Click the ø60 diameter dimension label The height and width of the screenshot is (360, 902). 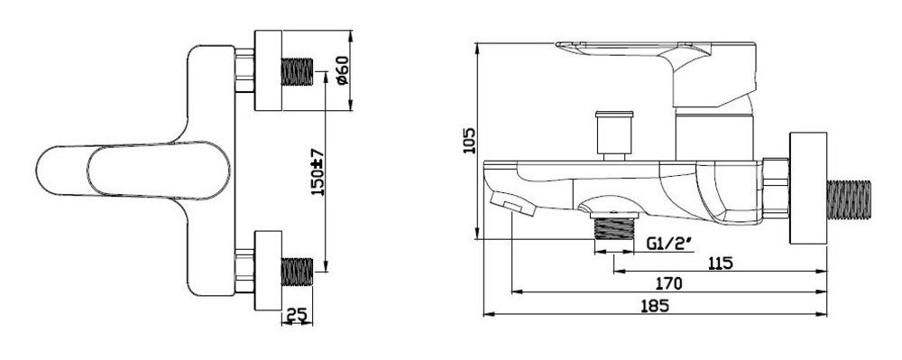pos(342,70)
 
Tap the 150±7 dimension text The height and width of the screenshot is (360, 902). pos(318,172)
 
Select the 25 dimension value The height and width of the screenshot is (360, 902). pos(296,315)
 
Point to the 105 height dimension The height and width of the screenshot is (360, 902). pos(470,141)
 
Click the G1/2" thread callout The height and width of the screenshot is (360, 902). pos(668,244)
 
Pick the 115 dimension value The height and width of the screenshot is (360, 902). pos(720,263)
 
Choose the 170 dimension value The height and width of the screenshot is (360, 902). pos(669,283)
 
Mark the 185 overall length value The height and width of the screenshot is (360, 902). pos(655,305)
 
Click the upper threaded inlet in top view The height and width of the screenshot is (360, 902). pos(297,71)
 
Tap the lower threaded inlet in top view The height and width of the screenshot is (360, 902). pos(297,272)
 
